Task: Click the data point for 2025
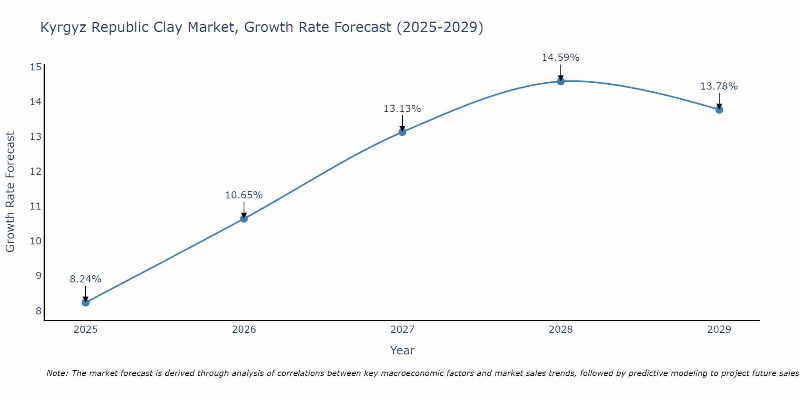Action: tap(86, 302)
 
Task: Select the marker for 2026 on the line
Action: tap(244, 218)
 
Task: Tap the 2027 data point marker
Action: tap(402, 132)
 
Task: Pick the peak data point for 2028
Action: tap(561, 81)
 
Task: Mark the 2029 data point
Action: tap(719, 110)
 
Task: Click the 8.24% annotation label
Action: tap(86, 279)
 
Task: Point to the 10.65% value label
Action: tap(244, 195)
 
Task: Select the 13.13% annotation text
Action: tap(402, 109)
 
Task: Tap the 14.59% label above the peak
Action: tap(561, 58)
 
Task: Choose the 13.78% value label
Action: tap(719, 86)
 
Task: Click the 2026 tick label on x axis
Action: tap(244, 330)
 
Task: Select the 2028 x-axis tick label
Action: tap(561, 330)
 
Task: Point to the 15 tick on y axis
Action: tap(36, 67)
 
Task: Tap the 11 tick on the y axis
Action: tap(36, 206)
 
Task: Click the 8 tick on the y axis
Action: tap(38, 311)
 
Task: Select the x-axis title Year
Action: tap(402, 350)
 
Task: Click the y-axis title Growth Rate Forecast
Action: tap(10, 192)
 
